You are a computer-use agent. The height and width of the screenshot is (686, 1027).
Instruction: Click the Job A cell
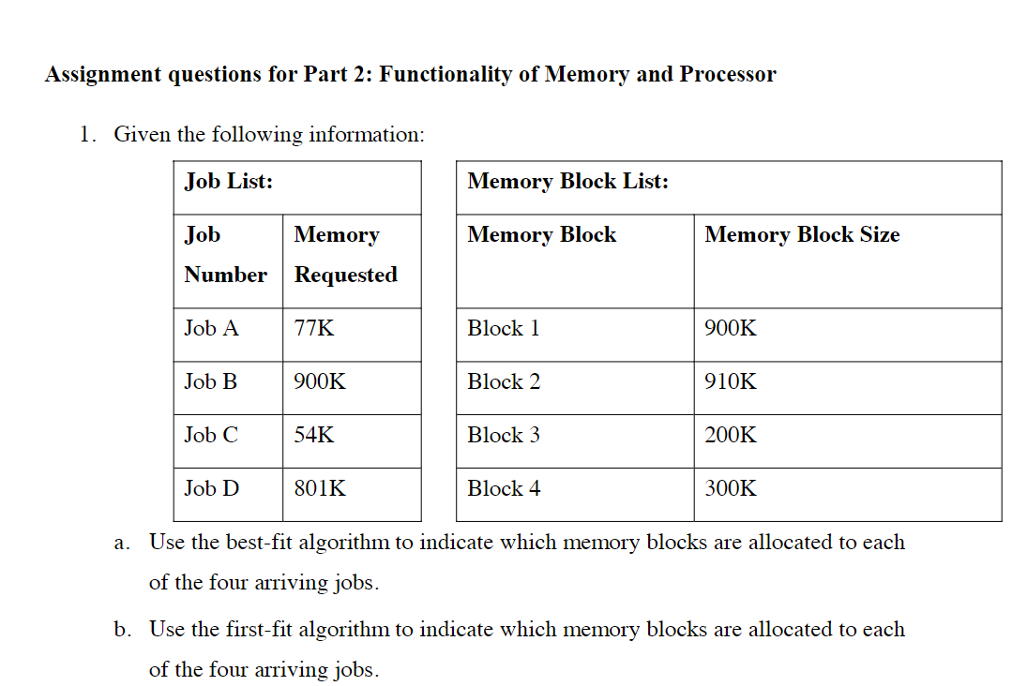[212, 329]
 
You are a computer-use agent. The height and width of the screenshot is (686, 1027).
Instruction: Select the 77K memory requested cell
[314, 329]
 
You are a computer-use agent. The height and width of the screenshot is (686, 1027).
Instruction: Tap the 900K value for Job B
[320, 382]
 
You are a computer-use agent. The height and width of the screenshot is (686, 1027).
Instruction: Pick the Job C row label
[211, 436]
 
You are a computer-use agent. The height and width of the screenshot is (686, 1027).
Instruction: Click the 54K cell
[314, 436]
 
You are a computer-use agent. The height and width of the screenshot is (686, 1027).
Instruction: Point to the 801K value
[320, 489]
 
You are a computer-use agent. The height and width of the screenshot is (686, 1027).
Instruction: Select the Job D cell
[212, 489]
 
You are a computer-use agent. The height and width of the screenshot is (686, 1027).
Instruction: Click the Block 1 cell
[504, 329]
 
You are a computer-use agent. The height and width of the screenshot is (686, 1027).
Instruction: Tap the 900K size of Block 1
[731, 329]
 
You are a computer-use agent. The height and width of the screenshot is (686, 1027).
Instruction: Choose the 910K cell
[731, 382]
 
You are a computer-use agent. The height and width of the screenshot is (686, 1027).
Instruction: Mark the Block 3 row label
[504, 436]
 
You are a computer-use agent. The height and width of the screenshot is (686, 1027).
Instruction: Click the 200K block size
[731, 436]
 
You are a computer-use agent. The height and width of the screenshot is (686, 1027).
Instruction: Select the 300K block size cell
[731, 489]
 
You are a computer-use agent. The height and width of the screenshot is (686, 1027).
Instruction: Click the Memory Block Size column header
[802, 235]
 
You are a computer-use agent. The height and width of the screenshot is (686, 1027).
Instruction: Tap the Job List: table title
[229, 182]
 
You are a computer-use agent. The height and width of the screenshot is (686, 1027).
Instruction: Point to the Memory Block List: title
[567, 182]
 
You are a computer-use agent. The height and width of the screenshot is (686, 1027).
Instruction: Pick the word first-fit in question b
[265, 630]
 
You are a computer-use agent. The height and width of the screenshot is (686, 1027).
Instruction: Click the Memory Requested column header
[345, 255]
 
